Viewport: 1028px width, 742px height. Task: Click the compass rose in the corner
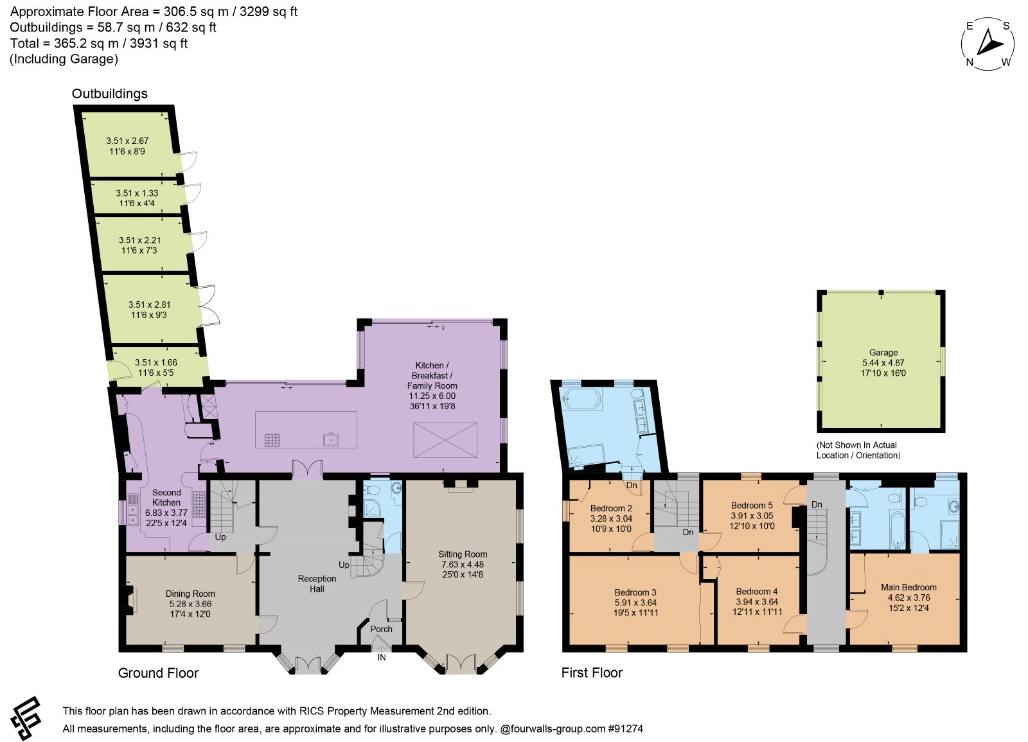pos(988,44)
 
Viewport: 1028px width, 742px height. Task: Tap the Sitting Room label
pos(463,554)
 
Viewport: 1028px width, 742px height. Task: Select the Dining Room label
pos(190,594)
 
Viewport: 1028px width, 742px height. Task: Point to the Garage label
pos(883,353)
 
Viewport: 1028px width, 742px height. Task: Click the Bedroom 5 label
pos(752,505)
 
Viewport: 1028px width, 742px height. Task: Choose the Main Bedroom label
pos(908,587)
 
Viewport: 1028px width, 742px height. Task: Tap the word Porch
pos(382,629)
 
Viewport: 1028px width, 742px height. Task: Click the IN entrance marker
pos(382,658)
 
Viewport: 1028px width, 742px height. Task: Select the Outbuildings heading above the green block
pos(110,94)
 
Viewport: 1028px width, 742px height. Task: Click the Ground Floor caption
pos(158,673)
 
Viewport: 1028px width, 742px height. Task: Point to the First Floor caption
pos(592,673)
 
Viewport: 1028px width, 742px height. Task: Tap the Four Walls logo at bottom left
pos(26,719)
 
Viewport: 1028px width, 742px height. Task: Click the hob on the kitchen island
pos(272,440)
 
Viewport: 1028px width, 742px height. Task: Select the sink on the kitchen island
pos(331,439)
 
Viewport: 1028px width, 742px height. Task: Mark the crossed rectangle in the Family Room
pos(445,440)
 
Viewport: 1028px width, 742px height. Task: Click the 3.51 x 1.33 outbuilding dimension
pos(137,193)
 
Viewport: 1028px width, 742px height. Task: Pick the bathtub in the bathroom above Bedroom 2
pos(581,400)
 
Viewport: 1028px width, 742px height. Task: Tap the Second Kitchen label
pos(166,497)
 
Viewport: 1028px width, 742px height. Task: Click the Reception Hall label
pos(317,584)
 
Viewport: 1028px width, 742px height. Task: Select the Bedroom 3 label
pos(635,592)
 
